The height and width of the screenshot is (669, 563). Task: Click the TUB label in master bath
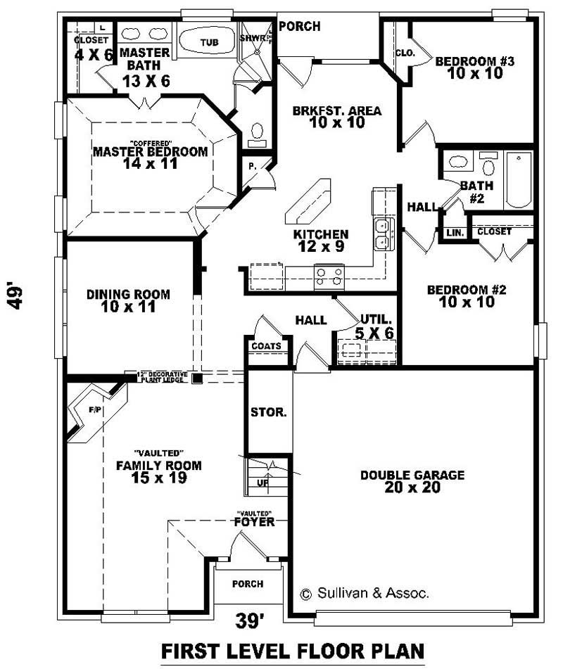(x=209, y=43)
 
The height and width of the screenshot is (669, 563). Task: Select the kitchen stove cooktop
(x=329, y=274)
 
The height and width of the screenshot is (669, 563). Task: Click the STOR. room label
(x=269, y=413)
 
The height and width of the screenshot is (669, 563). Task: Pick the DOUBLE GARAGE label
(x=412, y=476)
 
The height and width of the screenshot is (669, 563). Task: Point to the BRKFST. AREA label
(x=336, y=110)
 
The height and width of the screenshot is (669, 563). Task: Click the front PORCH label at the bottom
(x=247, y=584)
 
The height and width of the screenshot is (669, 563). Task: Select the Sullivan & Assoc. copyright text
(x=365, y=594)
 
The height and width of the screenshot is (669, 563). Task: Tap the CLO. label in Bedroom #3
(x=405, y=53)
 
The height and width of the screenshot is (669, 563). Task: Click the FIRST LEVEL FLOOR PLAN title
(x=293, y=650)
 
